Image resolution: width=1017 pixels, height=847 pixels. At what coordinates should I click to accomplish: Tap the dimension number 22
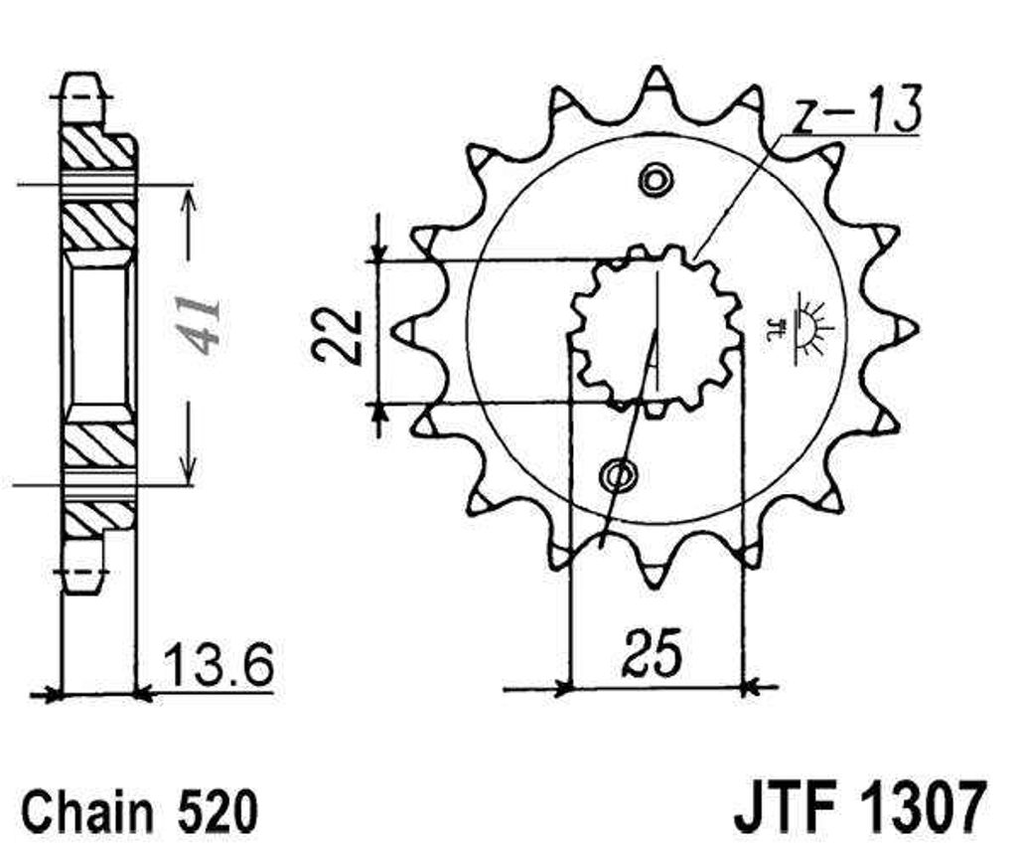click(x=337, y=334)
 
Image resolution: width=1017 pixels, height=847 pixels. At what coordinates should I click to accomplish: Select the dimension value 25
click(x=653, y=651)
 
